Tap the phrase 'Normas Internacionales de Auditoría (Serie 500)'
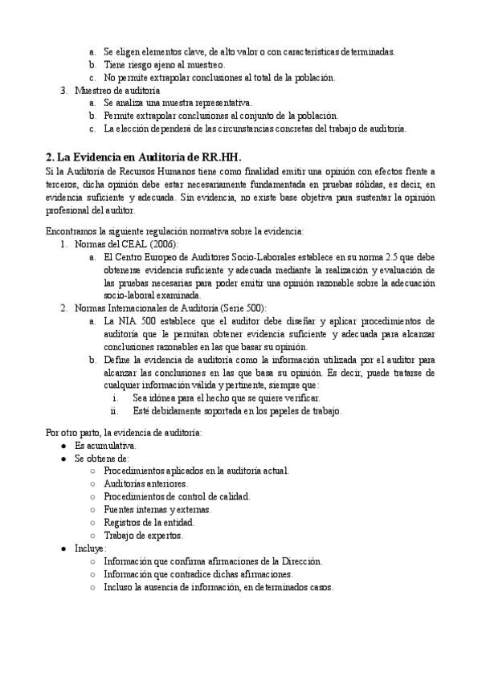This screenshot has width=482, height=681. click(x=170, y=308)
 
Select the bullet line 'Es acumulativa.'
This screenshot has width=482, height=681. click(x=106, y=445)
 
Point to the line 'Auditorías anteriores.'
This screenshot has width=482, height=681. click(x=146, y=483)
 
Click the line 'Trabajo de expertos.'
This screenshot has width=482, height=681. click(x=144, y=535)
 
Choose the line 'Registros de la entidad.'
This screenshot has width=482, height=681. click(x=149, y=522)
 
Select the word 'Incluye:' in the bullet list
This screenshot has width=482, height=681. click(x=91, y=548)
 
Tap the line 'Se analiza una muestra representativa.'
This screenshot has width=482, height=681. click(x=178, y=104)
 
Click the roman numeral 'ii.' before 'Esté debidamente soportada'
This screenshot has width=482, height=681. click(x=115, y=411)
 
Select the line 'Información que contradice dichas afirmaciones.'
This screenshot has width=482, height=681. click(x=198, y=573)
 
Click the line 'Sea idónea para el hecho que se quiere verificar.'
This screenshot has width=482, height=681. click(x=227, y=398)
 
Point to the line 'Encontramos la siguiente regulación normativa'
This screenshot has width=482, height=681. click(x=175, y=231)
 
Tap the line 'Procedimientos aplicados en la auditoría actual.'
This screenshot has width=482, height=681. click(x=196, y=471)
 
